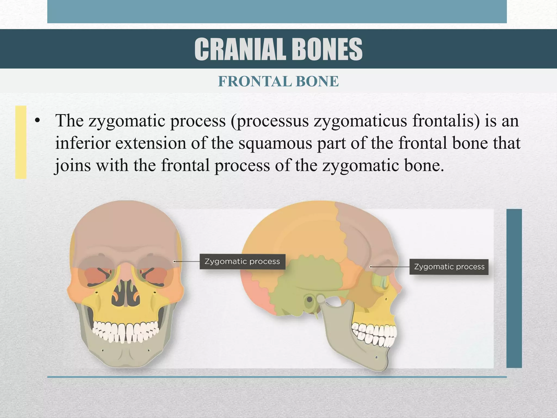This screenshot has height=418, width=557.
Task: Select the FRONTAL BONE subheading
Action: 278,81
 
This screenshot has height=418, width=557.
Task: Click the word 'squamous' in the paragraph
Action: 275,143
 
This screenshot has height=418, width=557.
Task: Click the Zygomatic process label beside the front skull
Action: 242,262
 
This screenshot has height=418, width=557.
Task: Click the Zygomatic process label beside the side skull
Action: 449,267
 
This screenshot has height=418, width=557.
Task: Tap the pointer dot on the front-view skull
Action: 174,262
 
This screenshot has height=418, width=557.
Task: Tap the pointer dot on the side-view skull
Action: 371,267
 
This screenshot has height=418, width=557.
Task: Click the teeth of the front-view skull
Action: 125,331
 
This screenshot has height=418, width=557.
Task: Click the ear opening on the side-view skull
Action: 309,300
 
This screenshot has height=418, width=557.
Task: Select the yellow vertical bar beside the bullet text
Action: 21,142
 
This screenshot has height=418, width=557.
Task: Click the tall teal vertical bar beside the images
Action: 514,288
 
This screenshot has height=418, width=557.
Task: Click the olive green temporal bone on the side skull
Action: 307,275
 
